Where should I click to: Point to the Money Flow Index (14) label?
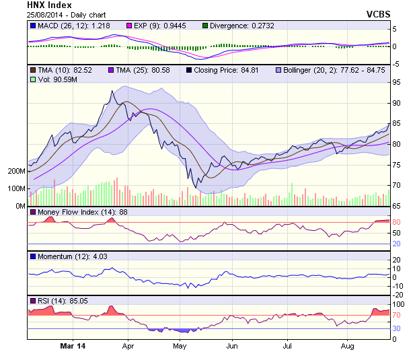tap(77, 212)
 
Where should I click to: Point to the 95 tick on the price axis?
tap(397, 82)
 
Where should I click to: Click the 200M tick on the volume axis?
tap(16, 171)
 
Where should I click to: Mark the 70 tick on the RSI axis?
tap(397, 314)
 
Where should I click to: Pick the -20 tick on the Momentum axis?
tap(397, 295)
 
